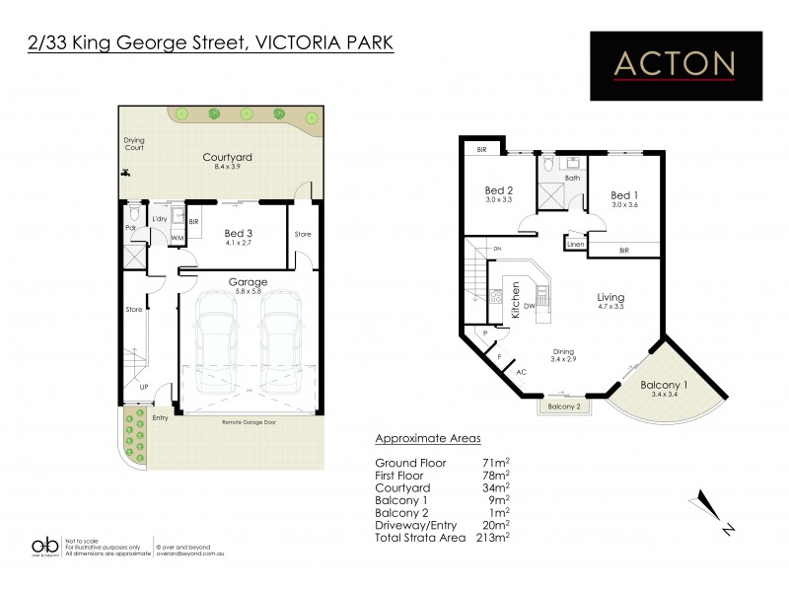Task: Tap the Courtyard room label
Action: coord(228,157)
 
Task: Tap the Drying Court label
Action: coord(134,144)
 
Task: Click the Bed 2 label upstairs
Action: coord(499,191)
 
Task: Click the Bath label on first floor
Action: coord(572,178)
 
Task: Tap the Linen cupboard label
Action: coord(575,243)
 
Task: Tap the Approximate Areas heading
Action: coord(427,439)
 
